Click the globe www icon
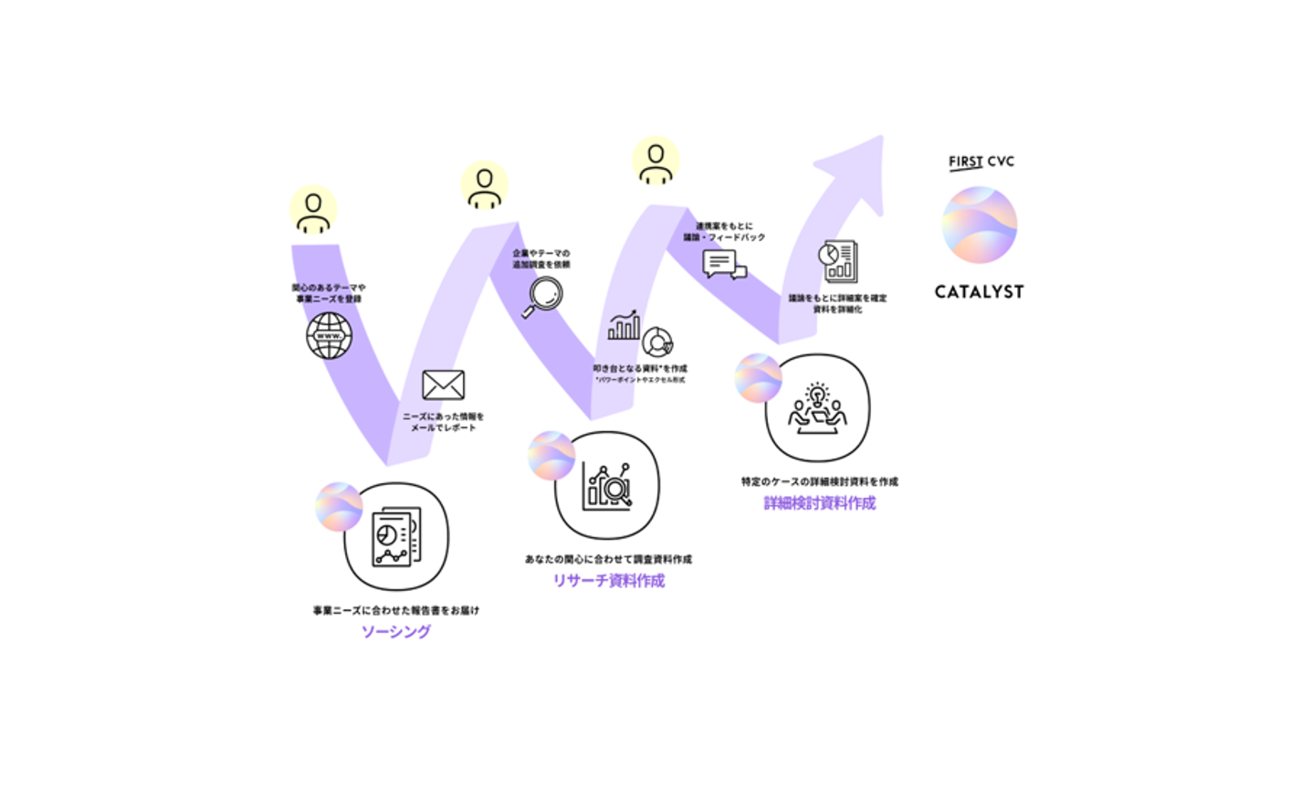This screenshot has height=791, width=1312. click(330, 335)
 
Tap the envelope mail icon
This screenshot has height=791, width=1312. click(443, 385)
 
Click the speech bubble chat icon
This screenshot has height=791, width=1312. click(724, 265)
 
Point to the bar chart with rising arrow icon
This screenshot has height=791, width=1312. click(624, 325)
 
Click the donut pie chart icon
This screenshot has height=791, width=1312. click(657, 342)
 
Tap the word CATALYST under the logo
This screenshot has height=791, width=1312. click(979, 292)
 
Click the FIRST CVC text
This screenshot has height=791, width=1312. click(981, 162)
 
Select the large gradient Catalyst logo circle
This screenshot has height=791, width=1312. click(980, 225)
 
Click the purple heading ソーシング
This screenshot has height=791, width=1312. click(396, 631)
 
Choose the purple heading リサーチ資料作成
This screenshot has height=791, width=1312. click(608, 581)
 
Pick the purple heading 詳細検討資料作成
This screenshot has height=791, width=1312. click(819, 503)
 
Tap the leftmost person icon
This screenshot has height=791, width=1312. click(313, 210)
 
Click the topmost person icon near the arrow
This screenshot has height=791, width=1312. click(656, 161)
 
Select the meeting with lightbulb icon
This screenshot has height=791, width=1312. click(817, 407)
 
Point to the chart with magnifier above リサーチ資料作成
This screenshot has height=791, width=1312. click(607, 485)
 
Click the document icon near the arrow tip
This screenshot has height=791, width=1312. click(838, 261)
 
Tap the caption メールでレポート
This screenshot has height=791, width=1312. click(443, 427)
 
